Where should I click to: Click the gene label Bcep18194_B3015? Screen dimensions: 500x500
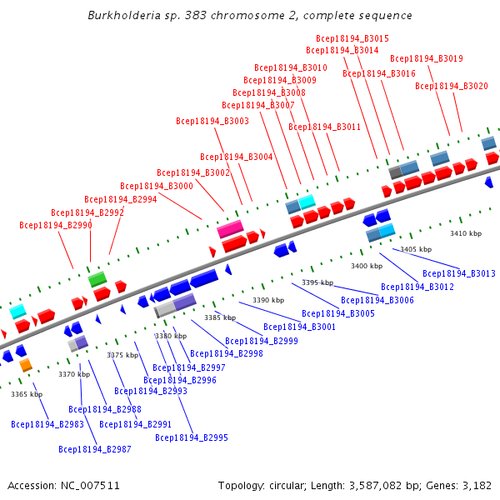coord(352,38)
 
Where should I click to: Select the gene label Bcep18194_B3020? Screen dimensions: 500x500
coord(452,86)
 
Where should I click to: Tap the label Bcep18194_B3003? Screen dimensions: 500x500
coord(212,121)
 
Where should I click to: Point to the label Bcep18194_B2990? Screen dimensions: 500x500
coord(56,225)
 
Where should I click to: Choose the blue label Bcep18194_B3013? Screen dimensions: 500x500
coord(459,273)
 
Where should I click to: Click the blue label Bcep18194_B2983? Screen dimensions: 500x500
coord(47,424)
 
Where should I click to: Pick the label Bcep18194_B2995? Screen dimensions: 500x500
coord(192,437)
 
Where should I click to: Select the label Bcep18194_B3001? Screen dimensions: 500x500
coord(300,327)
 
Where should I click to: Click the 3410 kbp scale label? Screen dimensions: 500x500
coord(466,233)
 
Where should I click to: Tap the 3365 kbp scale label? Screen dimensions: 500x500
coord(27,394)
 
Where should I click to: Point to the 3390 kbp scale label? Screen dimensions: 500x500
coord(268,300)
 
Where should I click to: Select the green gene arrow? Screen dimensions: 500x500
coord(97,278)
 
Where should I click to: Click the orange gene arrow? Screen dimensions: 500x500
coord(26,365)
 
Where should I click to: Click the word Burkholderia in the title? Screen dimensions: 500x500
coord(122,16)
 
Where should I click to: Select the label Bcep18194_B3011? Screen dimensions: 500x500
coord(325,127)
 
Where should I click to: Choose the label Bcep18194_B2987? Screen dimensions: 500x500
coord(95,449)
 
